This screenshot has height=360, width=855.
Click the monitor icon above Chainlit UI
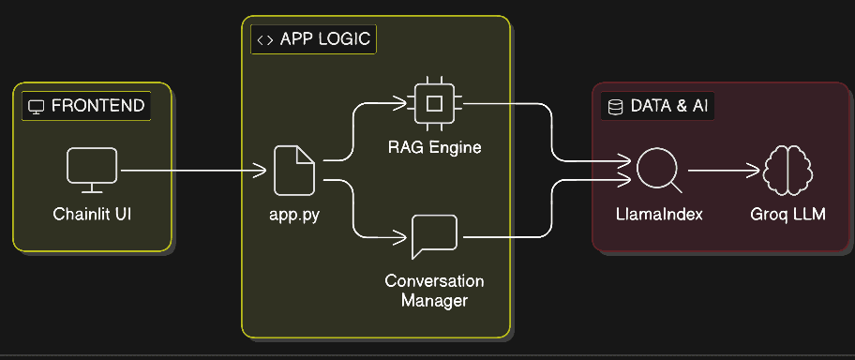(x=92, y=170)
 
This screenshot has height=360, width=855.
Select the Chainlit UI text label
(x=92, y=216)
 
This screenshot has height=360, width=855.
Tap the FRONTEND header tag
(x=86, y=106)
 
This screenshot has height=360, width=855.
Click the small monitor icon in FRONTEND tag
(x=37, y=107)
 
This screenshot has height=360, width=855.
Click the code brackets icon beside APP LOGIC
(x=265, y=40)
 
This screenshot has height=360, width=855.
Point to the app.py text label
(x=293, y=216)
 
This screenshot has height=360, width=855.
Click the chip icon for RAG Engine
(x=433, y=103)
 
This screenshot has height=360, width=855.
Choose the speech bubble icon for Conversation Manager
(x=434, y=236)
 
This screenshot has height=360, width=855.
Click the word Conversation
(x=434, y=281)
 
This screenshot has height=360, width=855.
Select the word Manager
(x=434, y=301)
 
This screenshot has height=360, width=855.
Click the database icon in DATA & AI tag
(x=615, y=107)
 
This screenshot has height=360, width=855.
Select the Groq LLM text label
(x=788, y=216)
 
